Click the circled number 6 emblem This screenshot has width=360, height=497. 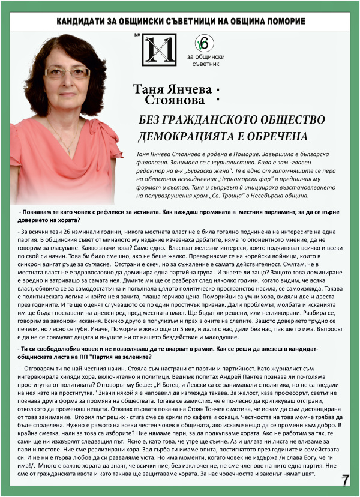click(x=203, y=43)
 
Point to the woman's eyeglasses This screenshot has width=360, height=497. click(x=68, y=73)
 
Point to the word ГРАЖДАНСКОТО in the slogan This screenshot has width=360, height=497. click(x=199, y=119)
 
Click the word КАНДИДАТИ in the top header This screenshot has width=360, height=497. click(x=86, y=22)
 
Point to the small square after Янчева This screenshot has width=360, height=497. click(x=211, y=87)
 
